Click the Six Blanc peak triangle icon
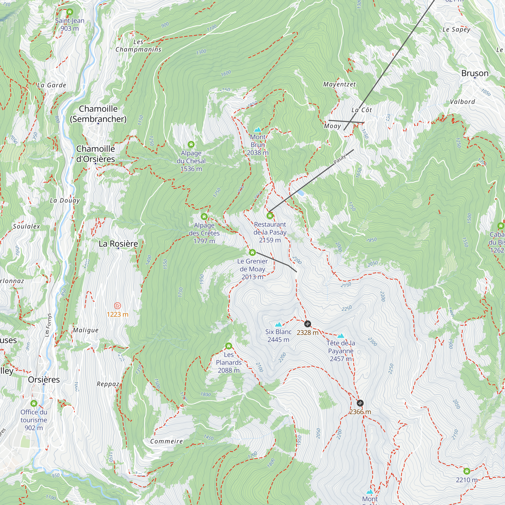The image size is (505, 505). click(x=278, y=325)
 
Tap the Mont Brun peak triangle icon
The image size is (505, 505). click(x=258, y=130)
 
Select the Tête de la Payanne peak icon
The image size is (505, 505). click(x=341, y=336)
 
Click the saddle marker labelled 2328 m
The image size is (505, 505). click(x=308, y=324)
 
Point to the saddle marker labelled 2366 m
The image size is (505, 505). click(x=360, y=403)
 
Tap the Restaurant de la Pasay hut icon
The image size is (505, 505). click(x=270, y=216)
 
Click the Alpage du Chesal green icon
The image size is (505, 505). click(x=191, y=144)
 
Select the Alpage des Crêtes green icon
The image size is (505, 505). click(x=204, y=216)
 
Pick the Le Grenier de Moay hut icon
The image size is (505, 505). click(x=252, y=252)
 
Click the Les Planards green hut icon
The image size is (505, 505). click(x=229, y=346)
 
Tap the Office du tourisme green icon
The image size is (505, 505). click(x=34, y=403)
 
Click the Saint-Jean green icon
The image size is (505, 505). click(x=69, y=12)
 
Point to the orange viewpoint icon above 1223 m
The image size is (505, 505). click(x=118, y=306)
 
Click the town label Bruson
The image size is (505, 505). click(x=475, y=73)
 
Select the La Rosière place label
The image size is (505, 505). click(x=118, y=244)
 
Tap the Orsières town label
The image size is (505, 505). click(x=44, y=380)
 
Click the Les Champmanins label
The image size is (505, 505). click(x=138, y=46)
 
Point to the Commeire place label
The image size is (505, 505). click(x=166, y=441)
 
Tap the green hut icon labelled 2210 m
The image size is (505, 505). click(x=467, y=471)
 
